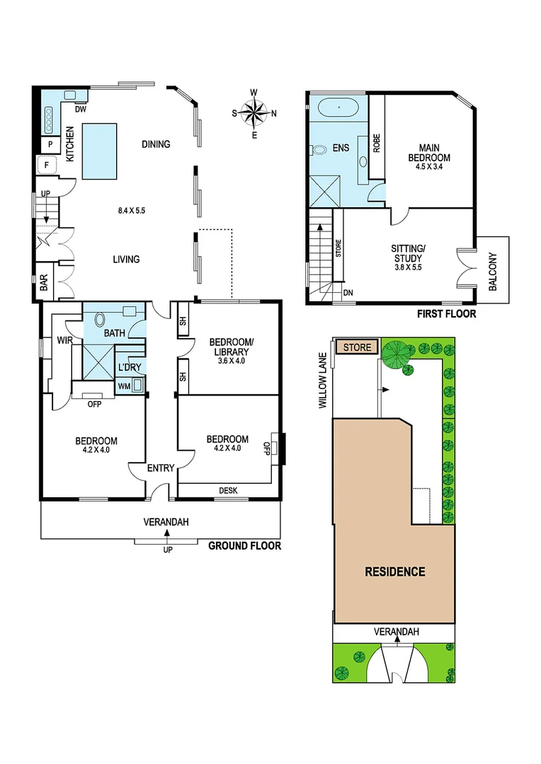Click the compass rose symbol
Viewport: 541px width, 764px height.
pyautogui.click(x=255, y=112)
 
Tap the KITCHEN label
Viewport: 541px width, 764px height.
pyautogui.click(x=70, y=144)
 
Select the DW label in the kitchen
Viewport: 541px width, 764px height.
pyautogui.click(x=80, y=110)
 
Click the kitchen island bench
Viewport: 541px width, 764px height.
pyautogui.click(x=99, y=150)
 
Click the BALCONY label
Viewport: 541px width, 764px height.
pyautogui.click(x=493, y=272)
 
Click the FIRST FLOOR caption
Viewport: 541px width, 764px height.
pyautogui.click(x=447, y=314)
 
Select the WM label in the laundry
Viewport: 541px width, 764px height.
pyautogui.click(x=124, y=386)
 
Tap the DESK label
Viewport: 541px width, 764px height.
pyautogui.click(x=227, y=490)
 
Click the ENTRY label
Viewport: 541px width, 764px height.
pyautogui.click(x=160, y=468)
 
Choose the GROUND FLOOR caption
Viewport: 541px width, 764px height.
pyautogui.click(x=244, y=546)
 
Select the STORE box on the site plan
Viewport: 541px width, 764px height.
pyautogui.click(x=357, y=347)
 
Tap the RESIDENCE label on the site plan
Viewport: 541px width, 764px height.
pyautogui.click(x=394, y=572)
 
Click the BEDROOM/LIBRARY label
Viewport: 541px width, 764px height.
pyautogui.click(x=227, y=350)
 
